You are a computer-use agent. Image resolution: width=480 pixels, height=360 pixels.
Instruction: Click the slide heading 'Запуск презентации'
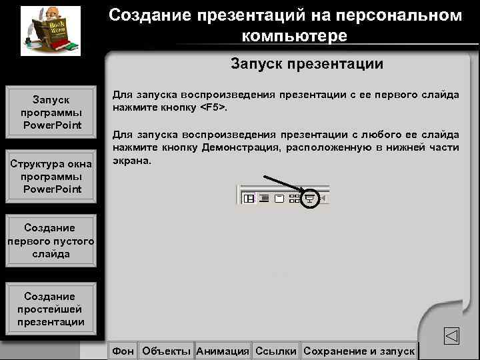click(x=307, y=64)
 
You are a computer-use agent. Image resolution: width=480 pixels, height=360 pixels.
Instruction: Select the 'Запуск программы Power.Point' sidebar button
click(x=51, y=112)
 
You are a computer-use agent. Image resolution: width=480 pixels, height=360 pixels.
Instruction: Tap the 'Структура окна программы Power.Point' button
click(x=51, y=177)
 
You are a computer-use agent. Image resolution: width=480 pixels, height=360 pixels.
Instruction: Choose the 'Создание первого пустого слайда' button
click(x=51, y=241)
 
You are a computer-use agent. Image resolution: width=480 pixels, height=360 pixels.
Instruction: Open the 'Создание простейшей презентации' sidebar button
click(x=51, y=309)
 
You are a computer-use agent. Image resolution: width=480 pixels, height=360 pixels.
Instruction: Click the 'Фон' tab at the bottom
click(x=123, y=351)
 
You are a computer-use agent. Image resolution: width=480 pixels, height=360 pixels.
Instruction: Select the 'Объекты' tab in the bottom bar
click(x=167, y=351)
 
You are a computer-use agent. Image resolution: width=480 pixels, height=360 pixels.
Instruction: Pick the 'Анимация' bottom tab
click(x=223, y=351)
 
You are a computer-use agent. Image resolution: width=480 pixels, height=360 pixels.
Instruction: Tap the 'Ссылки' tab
click(x=275, y=351)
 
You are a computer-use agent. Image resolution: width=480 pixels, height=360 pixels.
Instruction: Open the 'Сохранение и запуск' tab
click(x=359, y=351)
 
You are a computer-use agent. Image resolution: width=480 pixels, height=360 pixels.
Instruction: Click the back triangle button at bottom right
click(x=451, y=335)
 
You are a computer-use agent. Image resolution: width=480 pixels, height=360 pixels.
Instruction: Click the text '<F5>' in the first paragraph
click(x=214, y=107)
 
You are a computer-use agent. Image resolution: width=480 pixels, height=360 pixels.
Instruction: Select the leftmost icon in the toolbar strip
click(x=249, y=198)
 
